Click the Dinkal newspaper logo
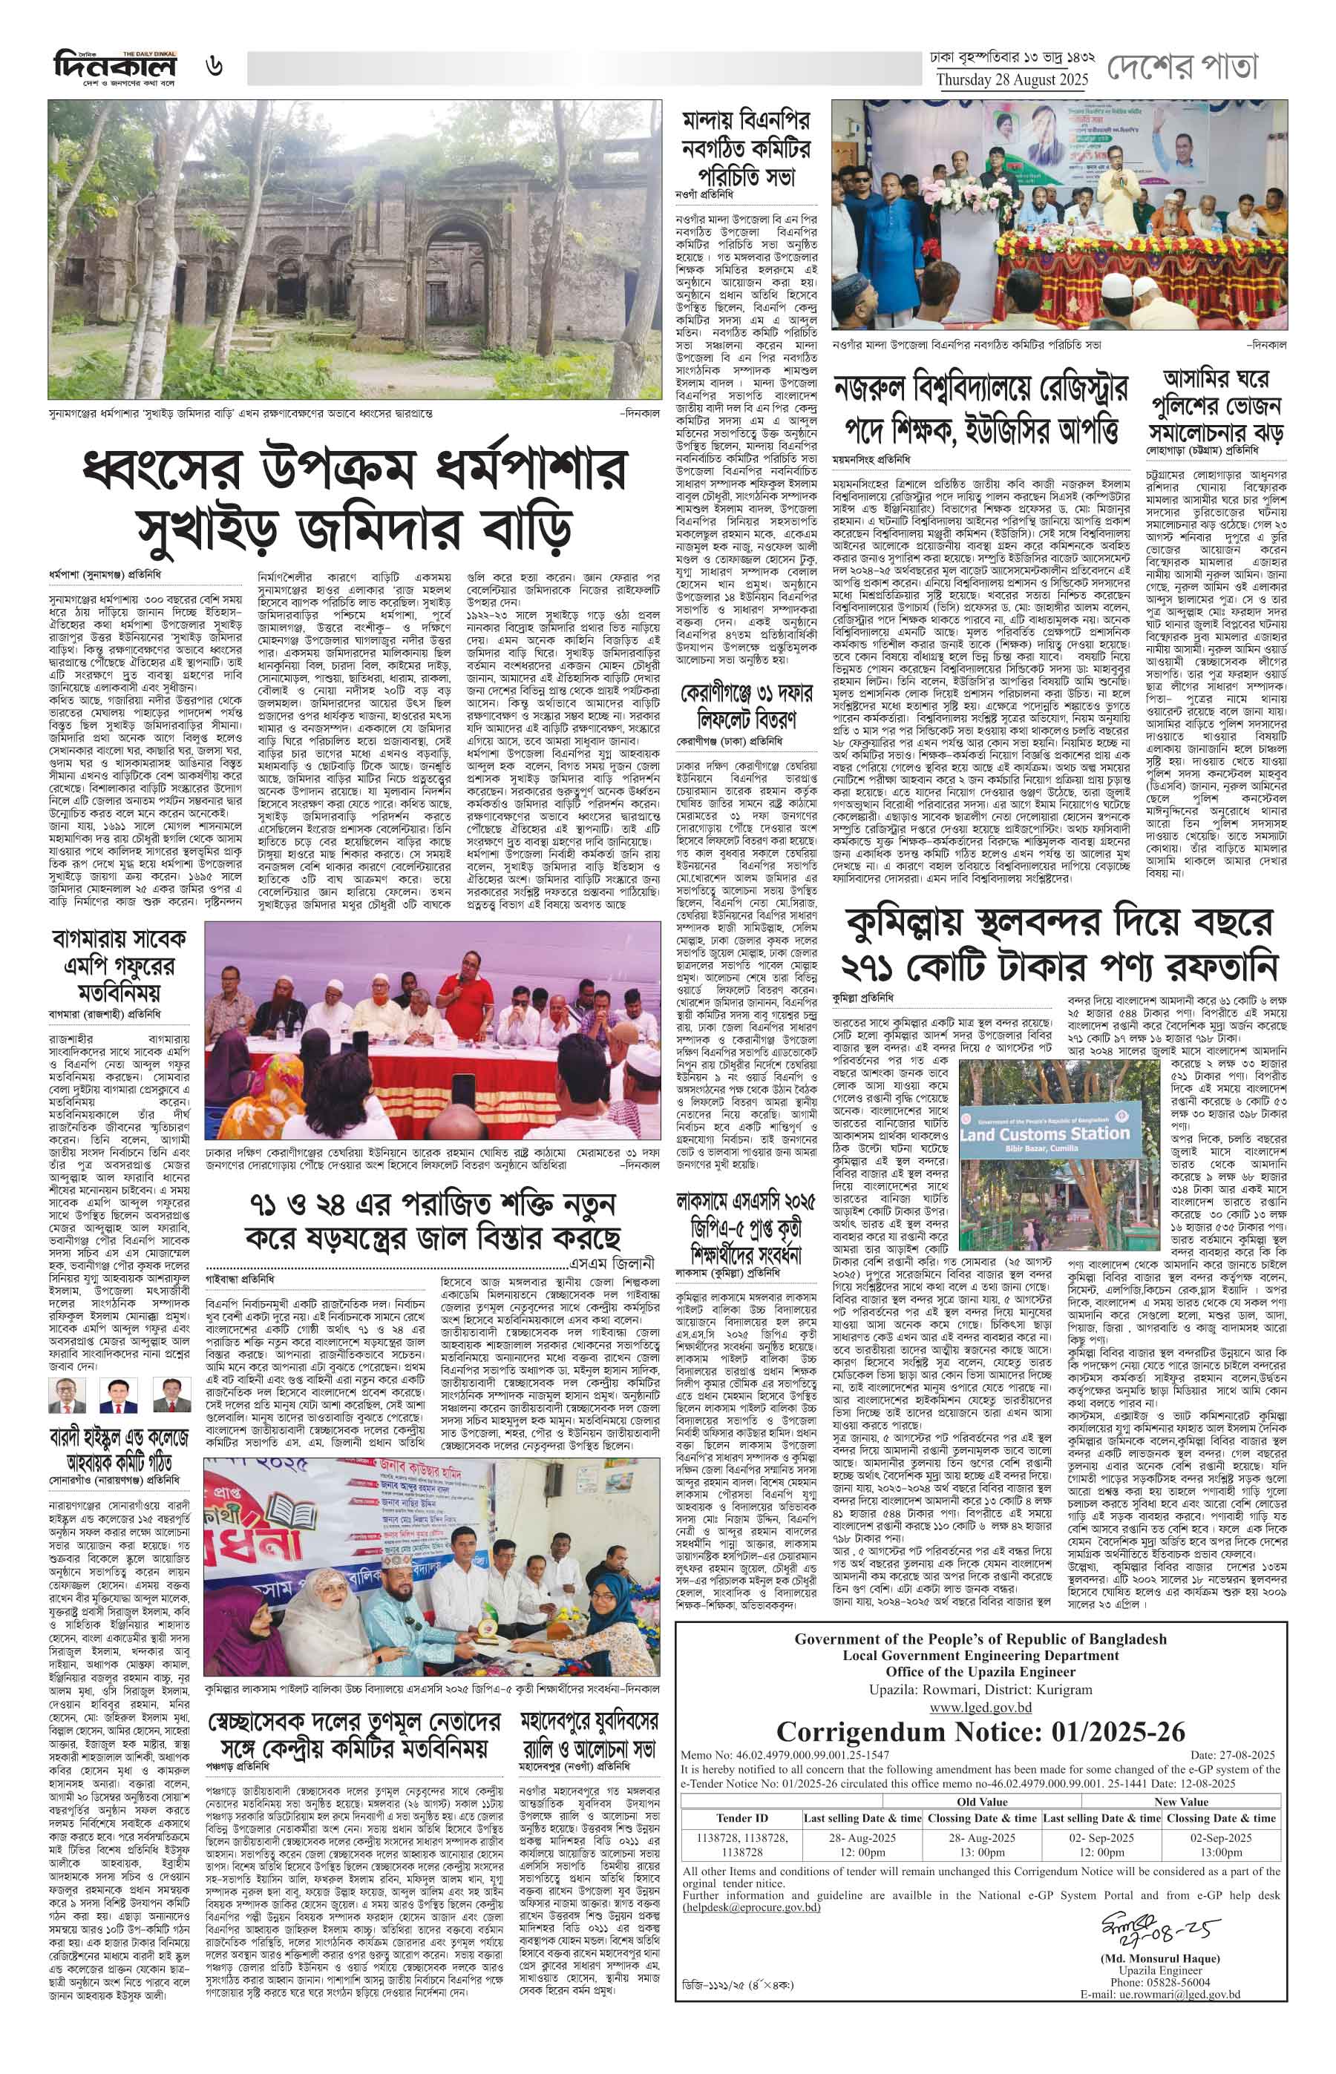point(114,66)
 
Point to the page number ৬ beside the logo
point(215,66)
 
